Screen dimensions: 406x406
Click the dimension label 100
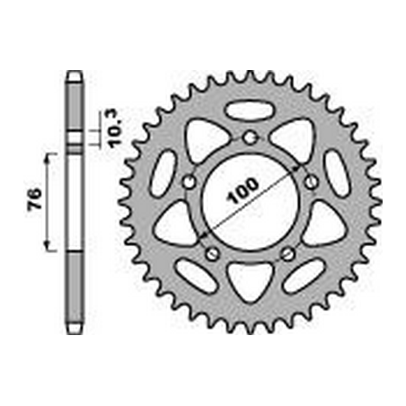pyautogui.click(x=243, y=190)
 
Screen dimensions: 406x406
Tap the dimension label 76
pyautogui.click(x=34, y=199)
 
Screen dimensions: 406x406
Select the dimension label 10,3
pyautogui.click(x=115, y=128)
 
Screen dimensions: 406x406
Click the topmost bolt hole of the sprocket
pyautogui.click(x=250, y=137)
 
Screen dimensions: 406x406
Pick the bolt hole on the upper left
pyautogui.click(x=189, y=181)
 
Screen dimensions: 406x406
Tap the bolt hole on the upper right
pyautogui.click(x=311, y=181)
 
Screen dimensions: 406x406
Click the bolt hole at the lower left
pyautogui.click(x=212, y=253)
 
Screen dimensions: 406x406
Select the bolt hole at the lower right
pyautogui.click(x=288, y=253)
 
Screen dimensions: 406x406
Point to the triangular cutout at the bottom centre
pyautogui.click(x=251, y=279)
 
